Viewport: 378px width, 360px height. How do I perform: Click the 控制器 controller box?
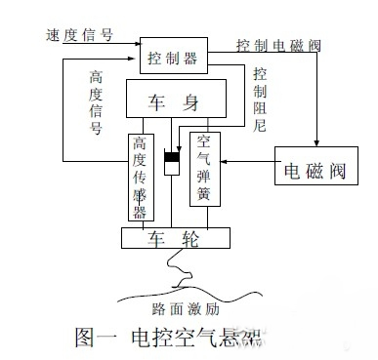[x=173, y=59]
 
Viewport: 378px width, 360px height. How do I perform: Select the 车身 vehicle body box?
[x=175, y=101]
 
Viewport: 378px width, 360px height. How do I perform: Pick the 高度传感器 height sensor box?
[x=140, y=175]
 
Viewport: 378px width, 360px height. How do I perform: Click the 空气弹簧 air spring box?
[x=204, y=167]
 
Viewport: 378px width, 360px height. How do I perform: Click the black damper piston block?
[x=173, y=158]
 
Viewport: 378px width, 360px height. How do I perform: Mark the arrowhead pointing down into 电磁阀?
[x=315, y=144]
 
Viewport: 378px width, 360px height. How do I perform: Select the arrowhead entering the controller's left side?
[x=136, y=60]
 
